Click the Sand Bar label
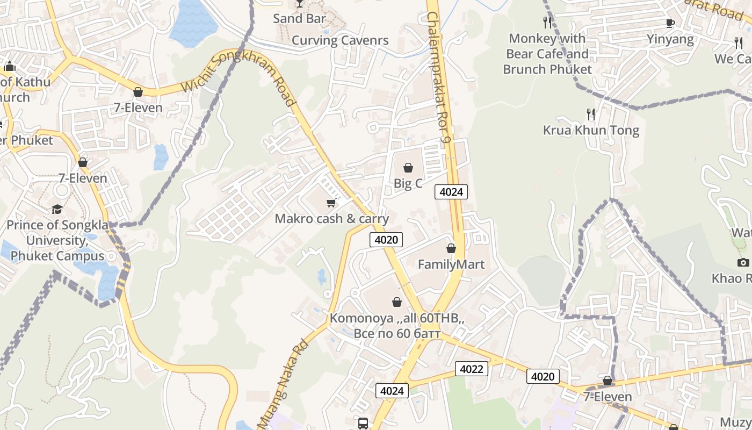pos(299,19)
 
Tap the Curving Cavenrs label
pos(340,40)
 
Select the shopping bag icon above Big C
pos(408,168)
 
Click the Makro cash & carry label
pos(331,219)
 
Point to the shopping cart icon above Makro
pos(331,203)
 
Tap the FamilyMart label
pos(451,264)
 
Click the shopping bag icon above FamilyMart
pos(451,248)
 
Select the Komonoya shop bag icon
pos(397,302)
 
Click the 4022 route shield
pos(472,369)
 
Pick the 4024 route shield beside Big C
pos(451,192)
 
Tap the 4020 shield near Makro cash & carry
pos(386,240)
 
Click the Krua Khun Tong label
pos(591,130)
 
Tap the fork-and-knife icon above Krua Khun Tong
pos(591,114)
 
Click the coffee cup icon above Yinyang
pos(670,23)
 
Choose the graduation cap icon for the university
pos(57,209)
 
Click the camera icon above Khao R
pos(743,262)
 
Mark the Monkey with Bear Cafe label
pos(547,54)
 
